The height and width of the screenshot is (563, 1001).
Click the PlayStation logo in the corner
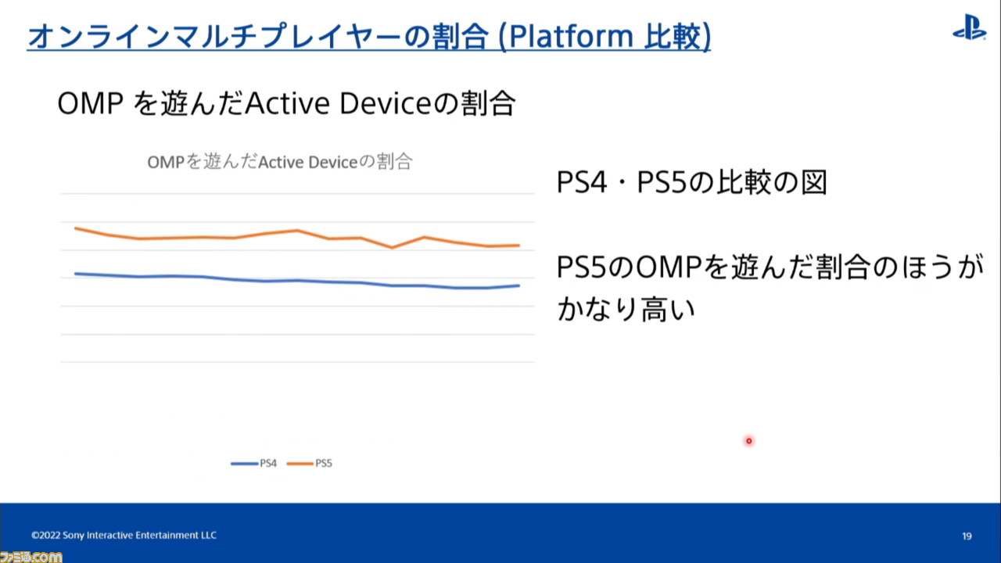tap(969, 27)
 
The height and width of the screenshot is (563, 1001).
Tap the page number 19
tap(967, 536)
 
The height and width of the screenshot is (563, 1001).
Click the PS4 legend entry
tap(253, 464)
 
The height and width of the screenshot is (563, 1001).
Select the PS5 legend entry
tap(309, 464)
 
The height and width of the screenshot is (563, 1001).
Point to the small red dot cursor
tap(749, 441)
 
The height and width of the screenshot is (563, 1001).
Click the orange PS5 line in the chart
tap(298, 231)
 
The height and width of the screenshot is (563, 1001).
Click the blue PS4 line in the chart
tap(298, 281)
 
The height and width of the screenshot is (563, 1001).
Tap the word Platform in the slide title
tap(571, 36)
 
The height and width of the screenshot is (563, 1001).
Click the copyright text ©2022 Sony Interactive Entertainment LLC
tap(124, 536)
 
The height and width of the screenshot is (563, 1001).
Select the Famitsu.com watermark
tap(30, 557)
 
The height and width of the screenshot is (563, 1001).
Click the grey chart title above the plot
tap(280, 162)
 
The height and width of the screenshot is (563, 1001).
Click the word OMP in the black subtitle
tap(91, 104)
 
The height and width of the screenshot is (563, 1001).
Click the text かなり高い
tap(626, 309)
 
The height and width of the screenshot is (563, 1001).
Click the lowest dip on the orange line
tap(393, 248)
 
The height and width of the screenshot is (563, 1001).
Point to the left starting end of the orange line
tap(75, 228)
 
